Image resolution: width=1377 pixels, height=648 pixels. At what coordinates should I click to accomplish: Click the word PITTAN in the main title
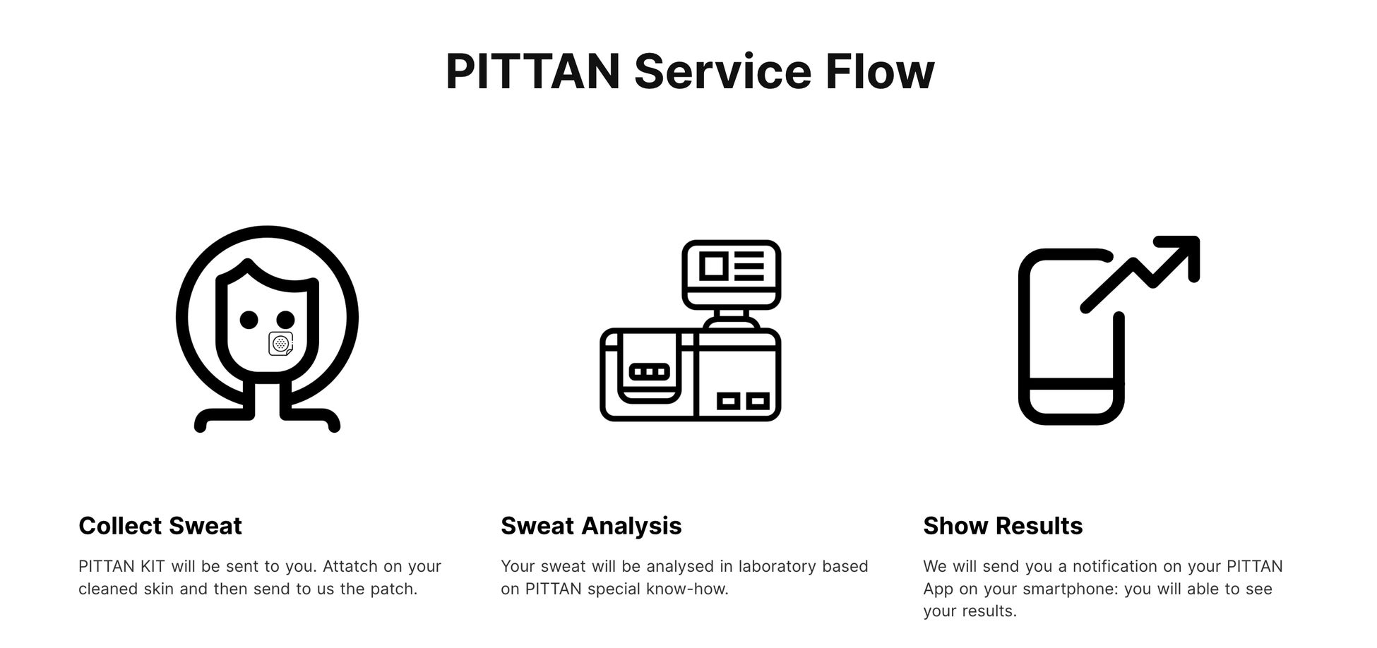532,71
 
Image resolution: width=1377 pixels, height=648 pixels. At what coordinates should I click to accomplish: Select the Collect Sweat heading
160,526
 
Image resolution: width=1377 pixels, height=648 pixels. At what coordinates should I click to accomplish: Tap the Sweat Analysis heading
591,526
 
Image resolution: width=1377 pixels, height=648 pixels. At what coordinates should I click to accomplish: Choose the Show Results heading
1003,526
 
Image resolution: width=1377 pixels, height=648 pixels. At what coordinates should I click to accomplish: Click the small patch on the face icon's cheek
281,344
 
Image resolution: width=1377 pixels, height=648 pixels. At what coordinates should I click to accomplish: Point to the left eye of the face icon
249,320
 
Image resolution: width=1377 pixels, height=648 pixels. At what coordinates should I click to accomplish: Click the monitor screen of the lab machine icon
732,266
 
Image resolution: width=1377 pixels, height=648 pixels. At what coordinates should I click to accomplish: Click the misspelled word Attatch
350,566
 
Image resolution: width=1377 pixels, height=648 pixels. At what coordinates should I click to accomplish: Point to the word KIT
153,566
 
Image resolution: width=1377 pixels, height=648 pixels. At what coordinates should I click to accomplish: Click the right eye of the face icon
285,320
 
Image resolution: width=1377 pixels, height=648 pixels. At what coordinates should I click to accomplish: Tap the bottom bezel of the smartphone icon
1071,402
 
